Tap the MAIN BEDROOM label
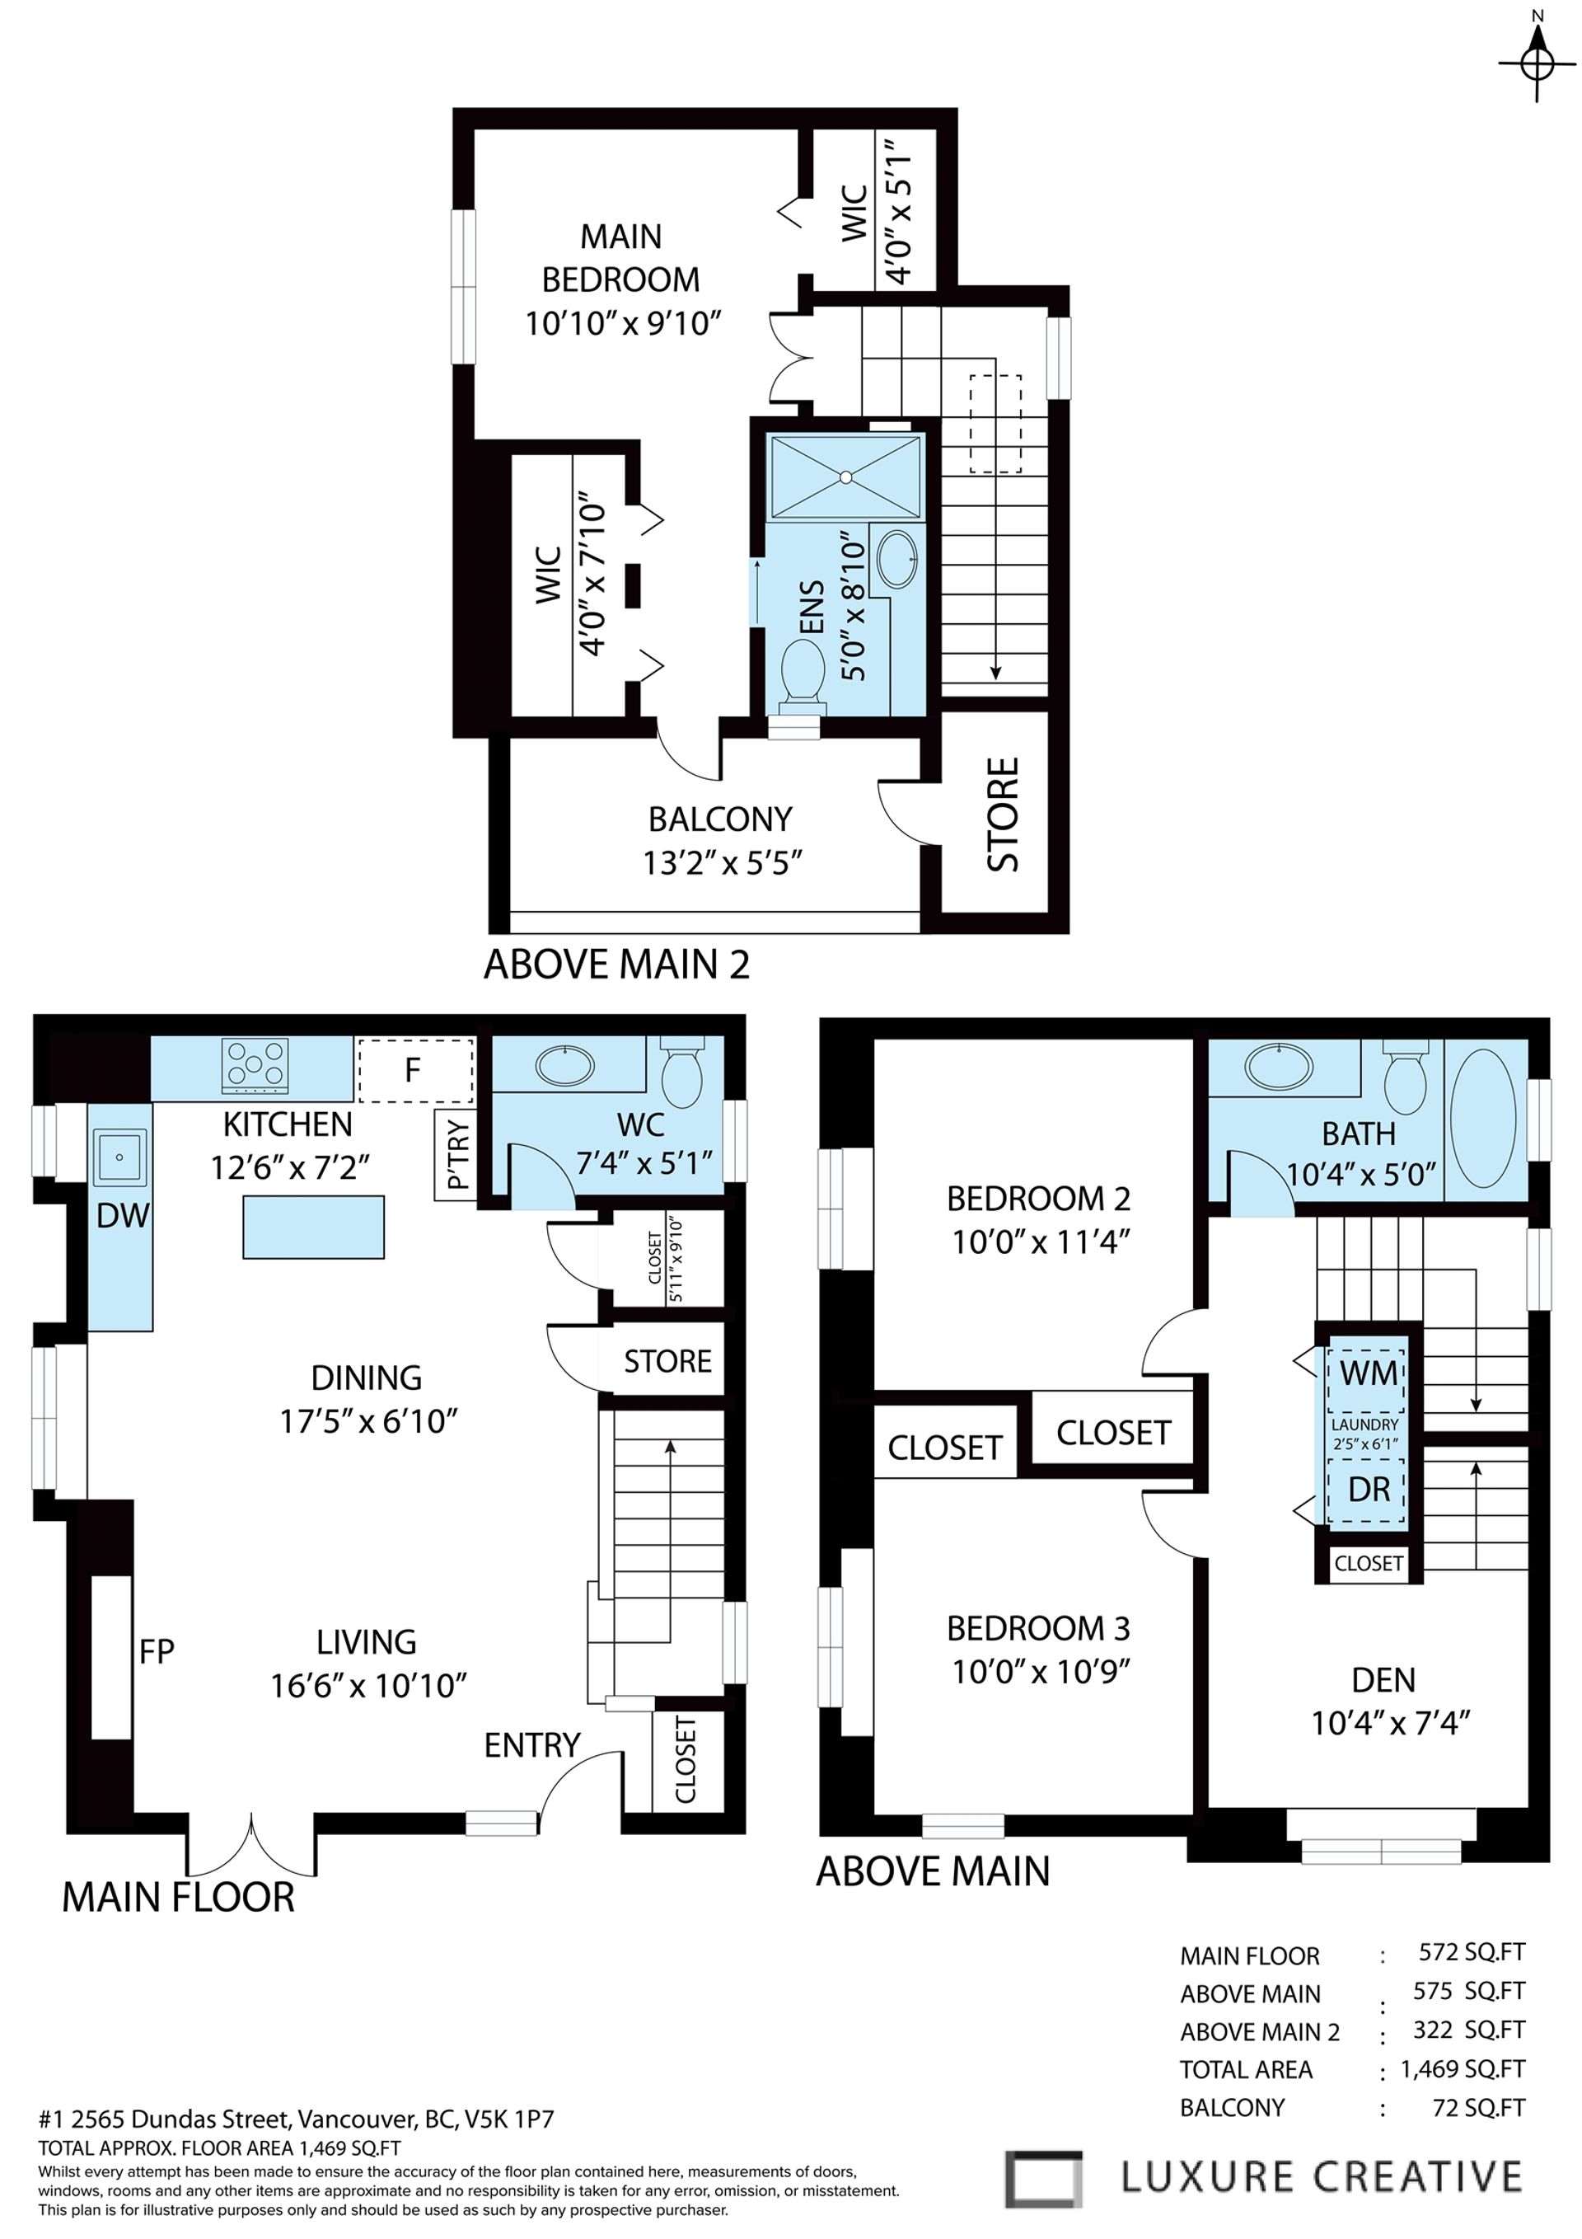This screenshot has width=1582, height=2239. (621, 258)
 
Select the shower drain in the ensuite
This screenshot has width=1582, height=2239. (846, 476)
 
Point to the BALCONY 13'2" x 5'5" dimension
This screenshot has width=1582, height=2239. (721, 863)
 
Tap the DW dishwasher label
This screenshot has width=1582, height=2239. (123, 1215)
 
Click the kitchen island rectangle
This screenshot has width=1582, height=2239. (313, 1227)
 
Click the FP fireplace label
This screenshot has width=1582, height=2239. (156, 1651)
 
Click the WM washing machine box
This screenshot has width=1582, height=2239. (1367, 1373)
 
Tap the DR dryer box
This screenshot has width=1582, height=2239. (1367, 1490)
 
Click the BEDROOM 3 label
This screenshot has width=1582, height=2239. (1038, 1627)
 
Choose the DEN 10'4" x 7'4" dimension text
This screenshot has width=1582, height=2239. (1389, 1723)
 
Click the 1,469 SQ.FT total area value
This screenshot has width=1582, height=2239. (1461, 2068)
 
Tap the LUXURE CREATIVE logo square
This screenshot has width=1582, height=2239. (1043, 2177)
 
